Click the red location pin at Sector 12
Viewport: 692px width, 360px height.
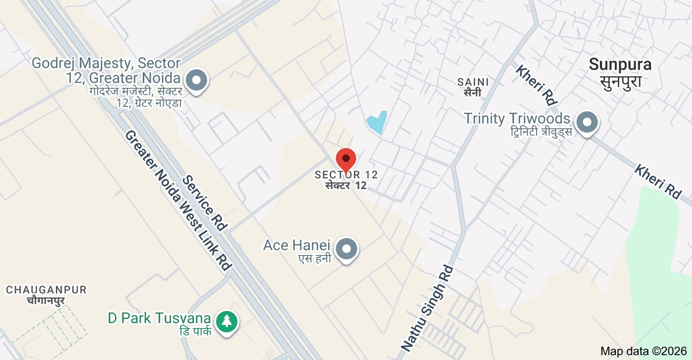346,159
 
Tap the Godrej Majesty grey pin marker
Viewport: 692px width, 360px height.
198,80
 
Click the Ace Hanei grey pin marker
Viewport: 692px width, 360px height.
348,249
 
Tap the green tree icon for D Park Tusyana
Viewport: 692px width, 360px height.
227,321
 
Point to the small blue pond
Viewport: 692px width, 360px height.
376,123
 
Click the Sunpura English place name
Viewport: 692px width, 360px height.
620,64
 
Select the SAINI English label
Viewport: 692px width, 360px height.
473,82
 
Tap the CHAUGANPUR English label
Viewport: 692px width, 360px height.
46,290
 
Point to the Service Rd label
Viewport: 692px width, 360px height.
204,202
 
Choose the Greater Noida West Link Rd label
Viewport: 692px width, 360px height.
178,200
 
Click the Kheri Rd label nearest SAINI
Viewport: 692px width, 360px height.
536,85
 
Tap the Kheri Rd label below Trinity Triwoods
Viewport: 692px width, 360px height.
658,182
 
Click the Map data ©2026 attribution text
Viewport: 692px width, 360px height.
643,351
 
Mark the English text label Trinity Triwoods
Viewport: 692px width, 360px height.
517,118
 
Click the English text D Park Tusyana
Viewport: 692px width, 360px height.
159,318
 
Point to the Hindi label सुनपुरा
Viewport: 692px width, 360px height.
620,82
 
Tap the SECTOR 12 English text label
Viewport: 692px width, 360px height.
346,175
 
